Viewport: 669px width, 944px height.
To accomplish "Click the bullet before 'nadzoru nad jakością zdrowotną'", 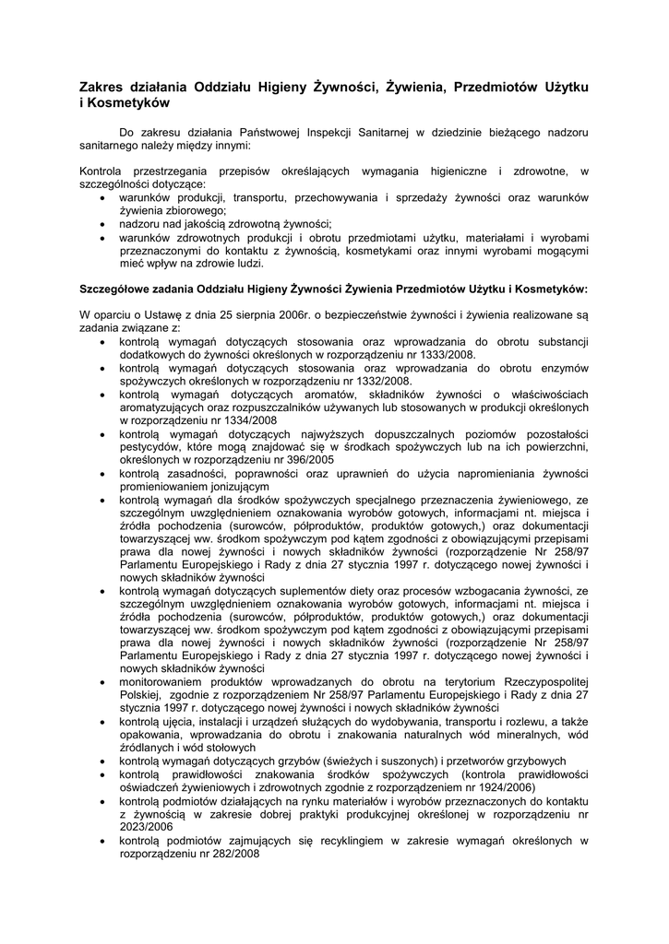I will coord(102,223).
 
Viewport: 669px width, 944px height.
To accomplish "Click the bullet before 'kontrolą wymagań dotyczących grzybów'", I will coord(102,761).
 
